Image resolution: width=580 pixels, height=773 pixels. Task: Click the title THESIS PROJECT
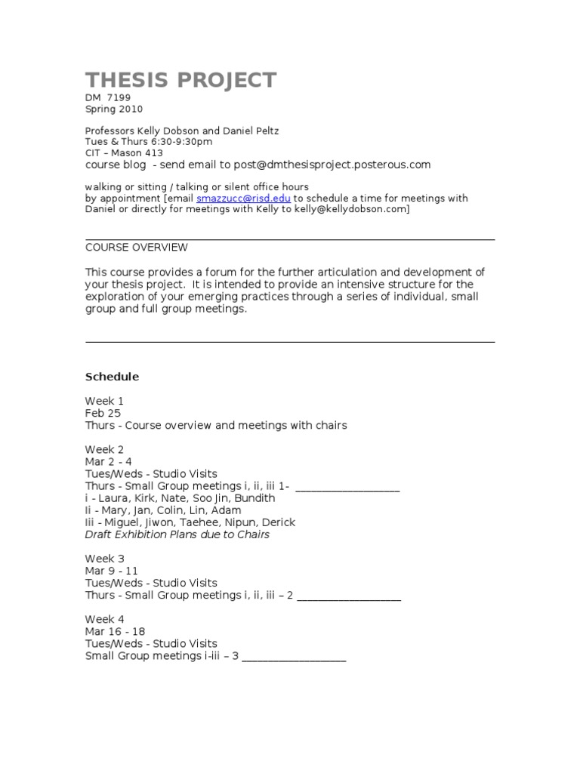coord(180,80)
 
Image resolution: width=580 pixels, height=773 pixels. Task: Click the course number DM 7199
coord(110,98)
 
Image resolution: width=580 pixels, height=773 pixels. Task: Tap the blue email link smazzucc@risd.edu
coord(243,199)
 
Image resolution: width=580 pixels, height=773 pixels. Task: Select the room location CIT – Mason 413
coord(124,152)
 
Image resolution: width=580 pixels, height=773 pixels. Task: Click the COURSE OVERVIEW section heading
coord(137,248)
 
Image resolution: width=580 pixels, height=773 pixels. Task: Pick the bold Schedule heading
coord(112,377)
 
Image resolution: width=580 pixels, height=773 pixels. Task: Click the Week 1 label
coord(104,401)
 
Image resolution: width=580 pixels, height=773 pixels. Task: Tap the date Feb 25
coord(103,413)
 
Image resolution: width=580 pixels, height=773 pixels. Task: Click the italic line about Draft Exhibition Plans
coord(177,534)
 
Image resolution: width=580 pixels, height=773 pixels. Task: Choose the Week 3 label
coord(104,559)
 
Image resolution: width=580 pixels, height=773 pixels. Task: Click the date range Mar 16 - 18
coord(116,632)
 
